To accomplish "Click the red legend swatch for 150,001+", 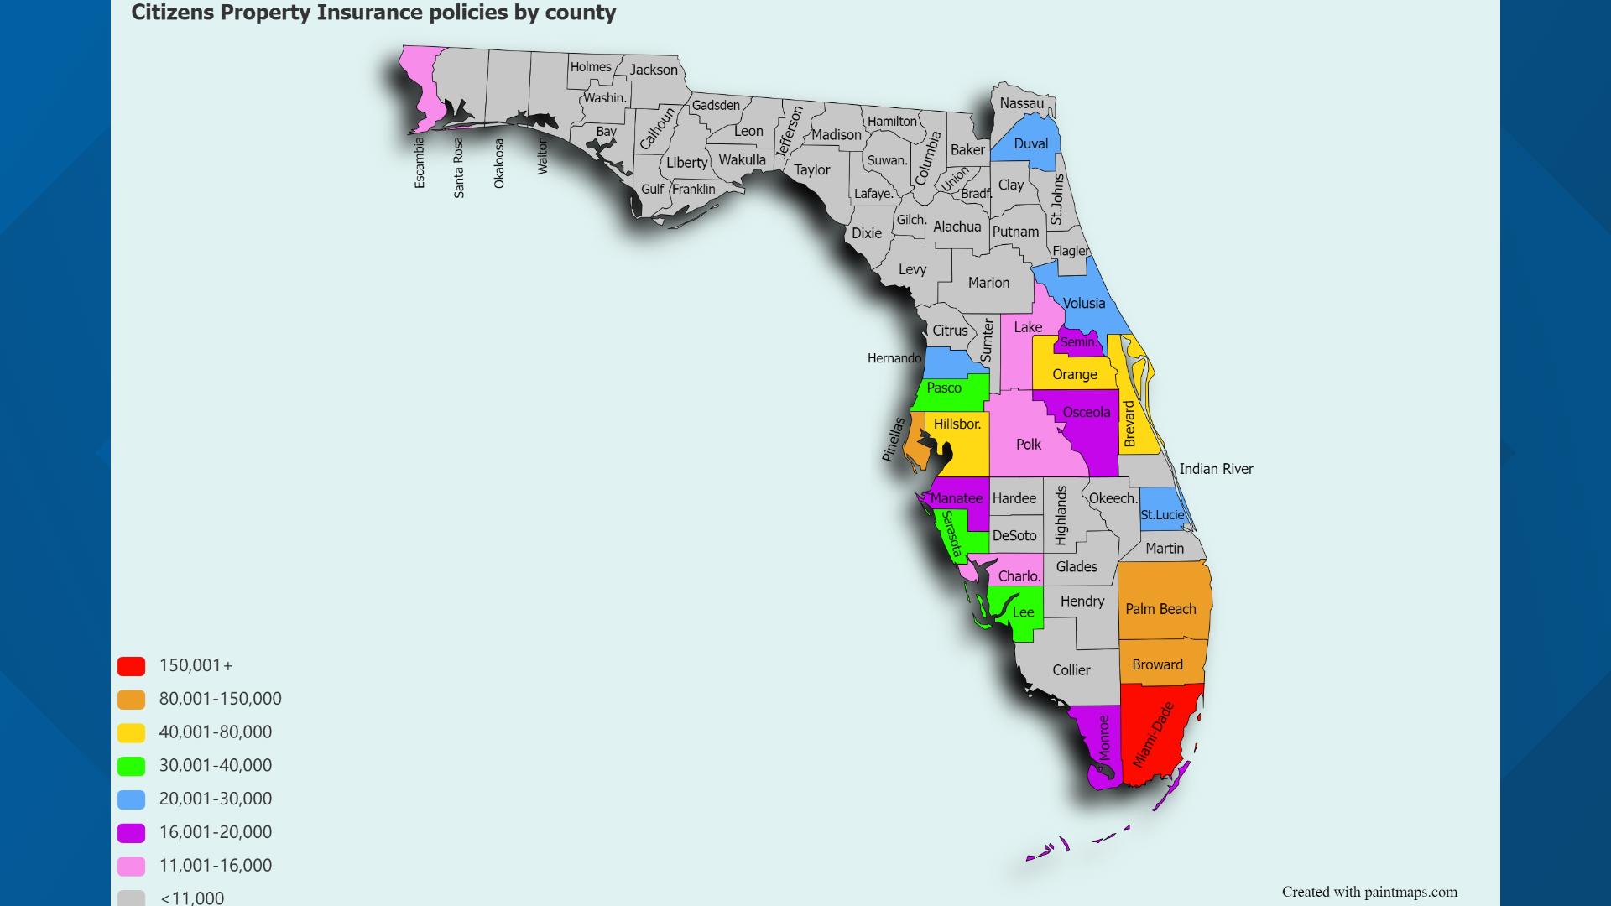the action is tap(132, 666).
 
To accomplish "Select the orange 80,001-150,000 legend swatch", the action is tap(132, 700).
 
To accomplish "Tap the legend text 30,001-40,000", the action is tap(216, 765).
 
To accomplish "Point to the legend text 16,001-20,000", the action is tap(216, 832).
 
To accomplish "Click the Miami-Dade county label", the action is tap(1152, 735).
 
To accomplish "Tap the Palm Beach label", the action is tap(1160, 609).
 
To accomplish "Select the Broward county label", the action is tap(1157, 664).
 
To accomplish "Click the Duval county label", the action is tap(1030, 143).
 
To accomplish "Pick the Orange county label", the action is tap(1074, 374).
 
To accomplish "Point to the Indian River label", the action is tap(1216, 469).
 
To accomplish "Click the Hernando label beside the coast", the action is tap(894, 358).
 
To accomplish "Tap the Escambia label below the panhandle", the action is tap(420, 163).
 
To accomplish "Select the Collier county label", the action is tap(1071, 669).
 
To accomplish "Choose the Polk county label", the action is tap(1028, 444).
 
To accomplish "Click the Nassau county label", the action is tap(1021, 103).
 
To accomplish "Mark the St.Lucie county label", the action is tap(1162, 515).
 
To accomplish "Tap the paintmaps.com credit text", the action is tap(1369, 892).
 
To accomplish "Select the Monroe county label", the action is tap(1104, 737).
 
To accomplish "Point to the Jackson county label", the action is tap(654, 70).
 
